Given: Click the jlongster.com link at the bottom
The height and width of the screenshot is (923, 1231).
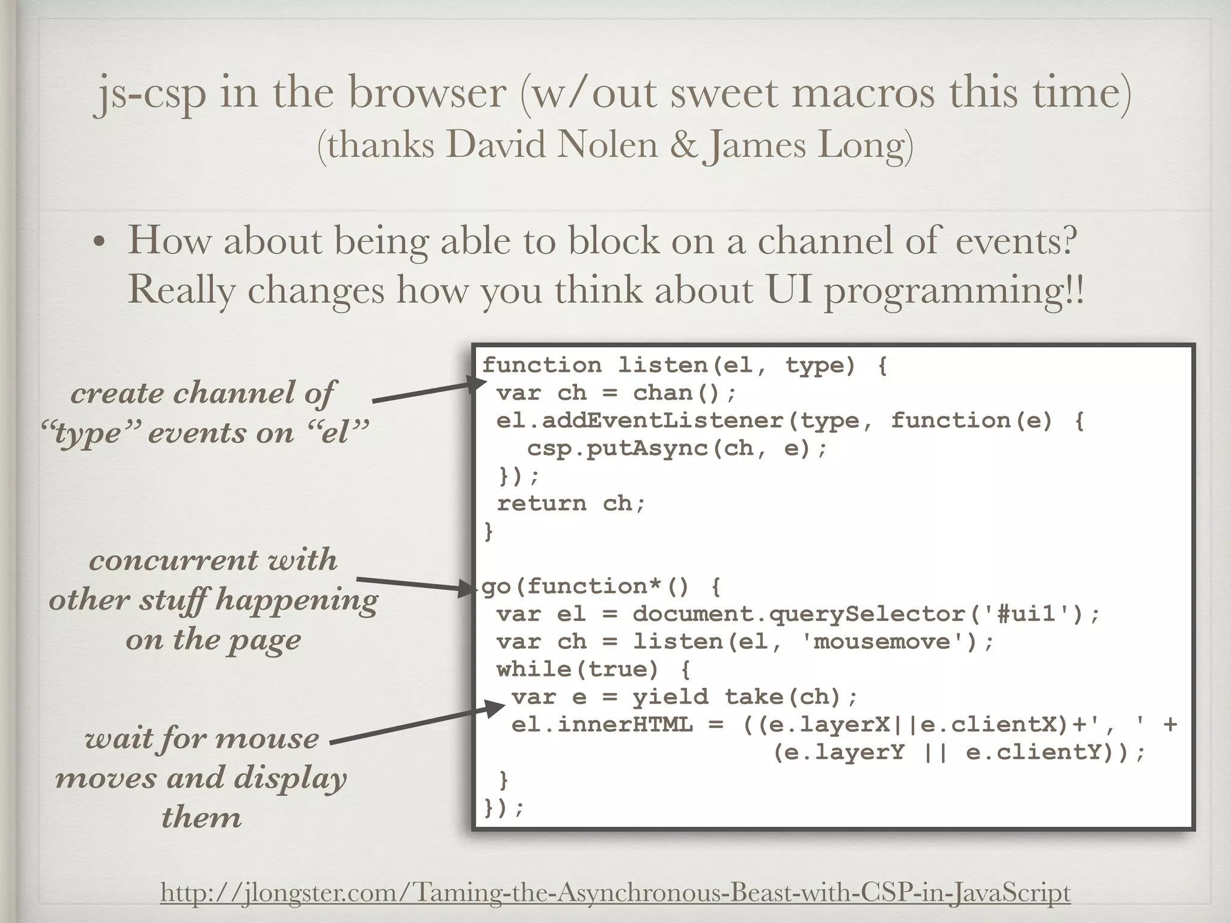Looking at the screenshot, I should (615, 892).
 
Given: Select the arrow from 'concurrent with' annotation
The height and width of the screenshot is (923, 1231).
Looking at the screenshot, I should (415, 584).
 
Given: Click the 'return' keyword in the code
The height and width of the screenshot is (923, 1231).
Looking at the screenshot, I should (541, 504).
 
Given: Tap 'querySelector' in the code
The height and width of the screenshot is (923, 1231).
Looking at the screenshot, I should (867, 614).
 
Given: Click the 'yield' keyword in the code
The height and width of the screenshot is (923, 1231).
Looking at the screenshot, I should (670, 697).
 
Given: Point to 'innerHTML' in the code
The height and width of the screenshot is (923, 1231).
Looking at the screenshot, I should (625, 725).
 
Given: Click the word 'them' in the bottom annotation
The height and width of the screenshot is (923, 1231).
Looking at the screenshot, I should (201, 817).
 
